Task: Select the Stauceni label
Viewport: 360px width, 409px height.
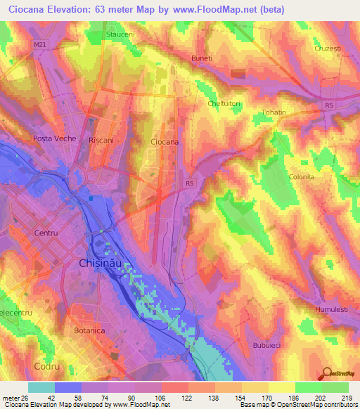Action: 119,33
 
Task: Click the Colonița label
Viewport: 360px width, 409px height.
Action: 301,177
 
